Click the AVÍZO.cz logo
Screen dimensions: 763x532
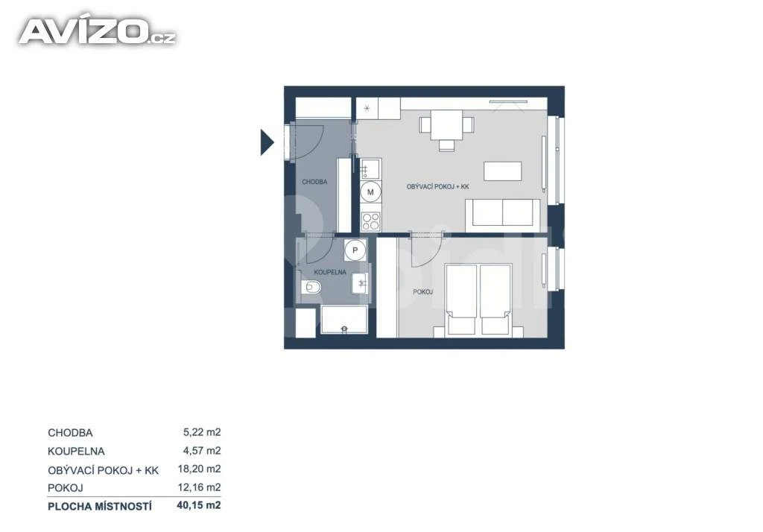pos(97,31)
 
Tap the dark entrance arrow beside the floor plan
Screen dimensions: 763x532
pos(267,142)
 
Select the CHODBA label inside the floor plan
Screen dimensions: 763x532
pos(314,182)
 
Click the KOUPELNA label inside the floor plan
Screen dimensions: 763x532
pos(330,272)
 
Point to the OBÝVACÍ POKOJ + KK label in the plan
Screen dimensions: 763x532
pos(438,186)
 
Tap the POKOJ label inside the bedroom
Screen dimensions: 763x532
pos(423,292)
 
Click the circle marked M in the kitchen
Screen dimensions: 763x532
pos(370,192)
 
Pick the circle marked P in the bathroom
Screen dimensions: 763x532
pos(355,250)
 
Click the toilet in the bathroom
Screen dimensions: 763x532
pos(311,287)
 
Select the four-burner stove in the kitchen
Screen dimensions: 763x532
pos(371,221)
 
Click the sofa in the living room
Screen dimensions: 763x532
pos(503,215)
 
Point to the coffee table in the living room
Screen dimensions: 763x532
pos(503,171)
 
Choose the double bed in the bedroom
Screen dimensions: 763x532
pos(479,300)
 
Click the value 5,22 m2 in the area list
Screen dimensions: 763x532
pos(202,432)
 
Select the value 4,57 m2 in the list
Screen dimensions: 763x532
pos(202,451)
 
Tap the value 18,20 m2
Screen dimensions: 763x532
pos(200,469)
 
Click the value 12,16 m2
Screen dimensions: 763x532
pos(200,488)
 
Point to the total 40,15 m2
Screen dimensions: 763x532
pos(199,506)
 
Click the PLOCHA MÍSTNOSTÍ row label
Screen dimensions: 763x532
pos(100,507)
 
